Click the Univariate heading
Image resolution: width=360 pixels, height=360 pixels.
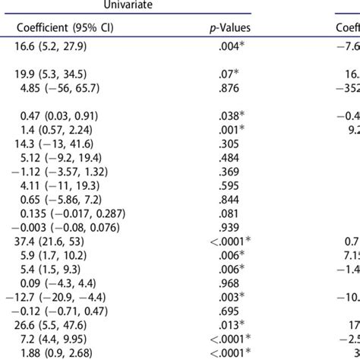[160, 5]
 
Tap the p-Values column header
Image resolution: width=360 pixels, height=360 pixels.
[230, 28]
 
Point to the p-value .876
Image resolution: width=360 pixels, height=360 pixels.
[228, 88]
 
